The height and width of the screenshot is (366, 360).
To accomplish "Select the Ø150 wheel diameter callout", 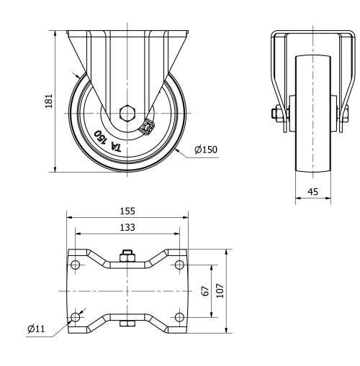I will tap(205, 150).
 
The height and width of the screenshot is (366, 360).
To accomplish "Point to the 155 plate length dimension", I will tap(127, 211).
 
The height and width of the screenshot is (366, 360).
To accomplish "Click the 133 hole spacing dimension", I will tap(127, 227).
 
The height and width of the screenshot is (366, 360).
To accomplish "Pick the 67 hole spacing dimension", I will tap(205, 291).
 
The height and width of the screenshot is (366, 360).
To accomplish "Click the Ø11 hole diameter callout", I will tap(37, 329).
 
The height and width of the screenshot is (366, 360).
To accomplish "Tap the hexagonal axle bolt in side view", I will tap(127, 113).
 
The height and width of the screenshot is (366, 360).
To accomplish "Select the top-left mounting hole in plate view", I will tap(76, 265).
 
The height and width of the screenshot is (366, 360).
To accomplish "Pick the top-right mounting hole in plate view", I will tap(179, 265).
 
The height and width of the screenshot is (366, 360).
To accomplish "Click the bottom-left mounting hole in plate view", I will tap(76, 316).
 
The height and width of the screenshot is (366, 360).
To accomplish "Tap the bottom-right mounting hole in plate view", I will tap(179, 316).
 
